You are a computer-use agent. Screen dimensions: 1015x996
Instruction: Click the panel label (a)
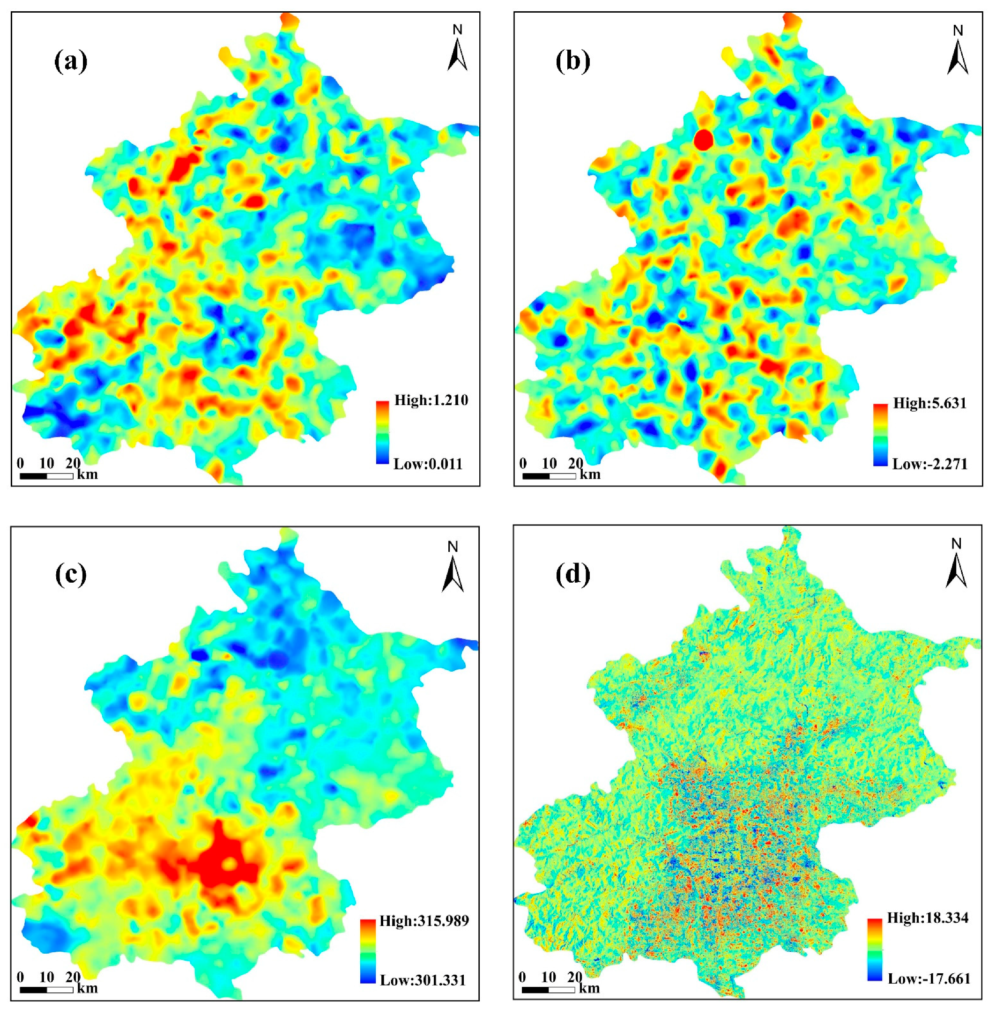tap(71, 62)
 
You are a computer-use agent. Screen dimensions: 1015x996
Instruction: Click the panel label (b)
tap(573, 62)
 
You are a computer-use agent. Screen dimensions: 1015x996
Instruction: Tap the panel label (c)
tap(71, 575)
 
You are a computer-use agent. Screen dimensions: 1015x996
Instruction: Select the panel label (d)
tap(573, 575)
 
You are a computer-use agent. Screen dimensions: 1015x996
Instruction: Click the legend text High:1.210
tap(431, 400)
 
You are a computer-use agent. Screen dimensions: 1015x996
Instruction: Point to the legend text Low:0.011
tap(428, 464)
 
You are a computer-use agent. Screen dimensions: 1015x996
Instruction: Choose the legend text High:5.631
tap(929, 403)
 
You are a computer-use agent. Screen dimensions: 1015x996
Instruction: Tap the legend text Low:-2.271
tap(929, 464)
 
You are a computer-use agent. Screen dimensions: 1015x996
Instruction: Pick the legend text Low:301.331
tap(423, 980)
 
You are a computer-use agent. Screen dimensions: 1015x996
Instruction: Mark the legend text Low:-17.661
tap(929, 978)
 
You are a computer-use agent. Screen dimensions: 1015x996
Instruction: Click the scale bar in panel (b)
tap(549, 476)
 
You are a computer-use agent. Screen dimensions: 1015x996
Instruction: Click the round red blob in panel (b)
tap(704, 140)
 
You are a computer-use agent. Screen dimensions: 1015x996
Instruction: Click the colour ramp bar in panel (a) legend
tap(382, 432)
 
